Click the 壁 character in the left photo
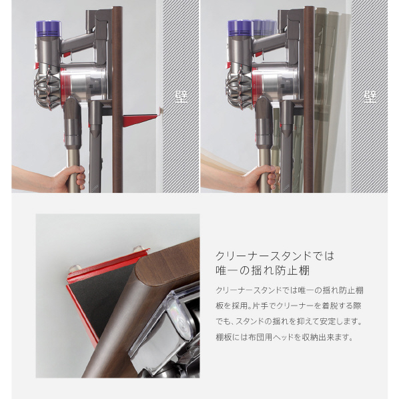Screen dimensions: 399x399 pyautogui.click(x=181, y=97)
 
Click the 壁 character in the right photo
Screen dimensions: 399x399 pyautogui.click(x=370, y=97)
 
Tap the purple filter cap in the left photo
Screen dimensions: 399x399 pyautogui.click(x=49, y=28)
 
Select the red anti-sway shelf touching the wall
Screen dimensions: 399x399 pyautogui.click(x=141, y=119)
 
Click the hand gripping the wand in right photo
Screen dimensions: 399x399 pyautogui.click(x=262, y=178)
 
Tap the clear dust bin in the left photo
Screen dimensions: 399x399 pyautogui.click(x=84, y=83)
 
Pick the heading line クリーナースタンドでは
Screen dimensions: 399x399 pyautogui.click(x=275, y=256)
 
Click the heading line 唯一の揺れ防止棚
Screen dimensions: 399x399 pyautogui.click(x=262, y=271)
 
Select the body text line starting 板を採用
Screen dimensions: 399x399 pyautogui.click(x=288, y=306)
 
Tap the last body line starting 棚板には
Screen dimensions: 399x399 pyautogui.click(x=284, y=338)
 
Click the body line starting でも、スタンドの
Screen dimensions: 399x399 pyautogui.click(x=289, y=322)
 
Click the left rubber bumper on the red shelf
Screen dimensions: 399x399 pyautogui.click(x=75, y=268)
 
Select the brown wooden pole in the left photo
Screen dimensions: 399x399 pyautogui.click(x=117, y=99)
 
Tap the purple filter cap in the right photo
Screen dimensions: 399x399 pyautogui.click(x=240, y=28)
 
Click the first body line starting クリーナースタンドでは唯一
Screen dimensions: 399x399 pyautogui.click(x=290, y=290)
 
